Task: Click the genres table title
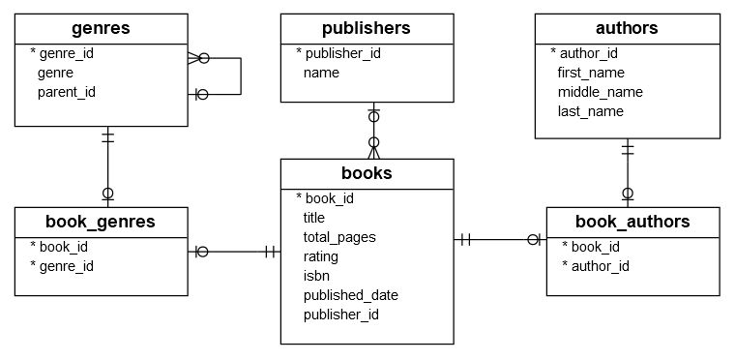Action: pos(102,28)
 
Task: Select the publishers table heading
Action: pos(367,28)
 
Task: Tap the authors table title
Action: pos(627,28)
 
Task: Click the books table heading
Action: pos(367,174)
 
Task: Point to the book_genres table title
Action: pos(102,222)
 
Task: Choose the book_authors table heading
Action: pos(632,222)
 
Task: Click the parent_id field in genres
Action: pos(67,92)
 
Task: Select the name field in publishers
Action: pos(321,73)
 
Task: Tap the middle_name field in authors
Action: pos(600,92)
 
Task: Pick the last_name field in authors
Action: pos(590,111)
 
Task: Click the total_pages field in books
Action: pos(338,237)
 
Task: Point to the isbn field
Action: pos(317,276)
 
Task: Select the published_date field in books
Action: pos(350,295)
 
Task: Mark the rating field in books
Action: pos(321,256)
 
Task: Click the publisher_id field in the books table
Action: pos(340,315)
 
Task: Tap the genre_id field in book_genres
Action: pos(67,266)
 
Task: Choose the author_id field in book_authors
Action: pos(601,266)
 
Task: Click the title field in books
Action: pos(314,218)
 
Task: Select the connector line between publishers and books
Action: pos(373,131)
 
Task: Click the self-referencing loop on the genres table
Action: pos(239,75)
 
